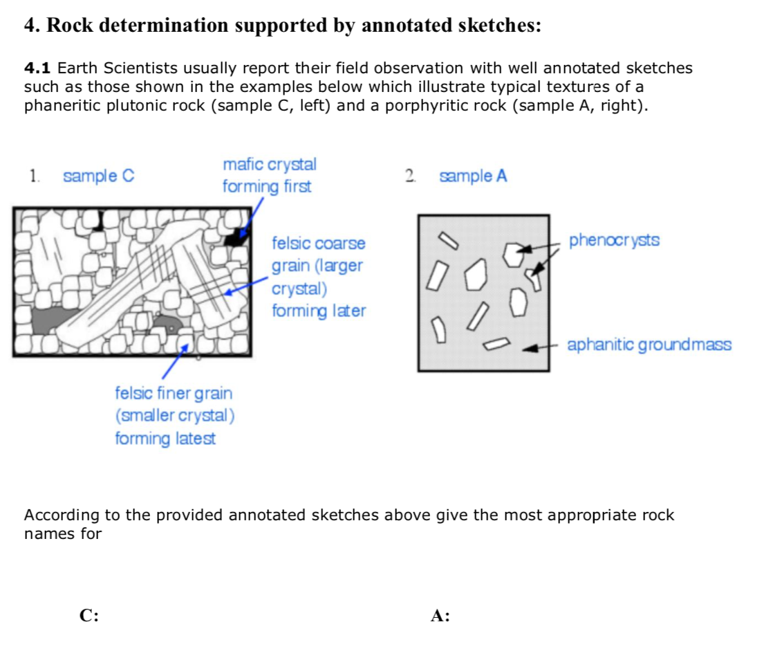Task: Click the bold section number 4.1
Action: tap(37, 68)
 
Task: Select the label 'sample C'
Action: tap(98, 176)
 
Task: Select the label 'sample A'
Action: tap(473, 176)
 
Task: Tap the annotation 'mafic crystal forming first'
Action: tap(269, 176)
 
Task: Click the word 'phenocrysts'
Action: tap(613, 241)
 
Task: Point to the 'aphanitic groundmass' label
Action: tap(649, 345)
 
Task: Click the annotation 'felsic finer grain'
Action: tap(174, 394)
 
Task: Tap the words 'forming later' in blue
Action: tap(318, 311)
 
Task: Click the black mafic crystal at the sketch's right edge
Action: tap(237, 237)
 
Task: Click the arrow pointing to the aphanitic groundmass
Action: tap(539, 348)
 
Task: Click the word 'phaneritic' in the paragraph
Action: tap(62, 107)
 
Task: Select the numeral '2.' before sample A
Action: tap(411, 176)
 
